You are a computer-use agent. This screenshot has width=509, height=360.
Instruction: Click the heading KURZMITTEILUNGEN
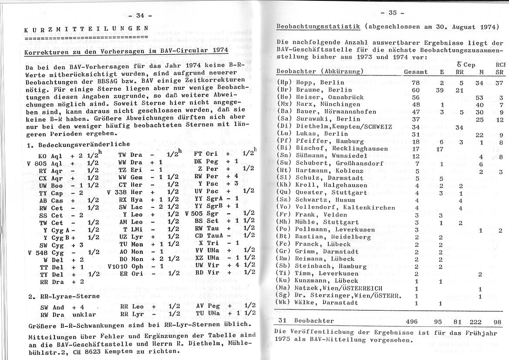(86, 29)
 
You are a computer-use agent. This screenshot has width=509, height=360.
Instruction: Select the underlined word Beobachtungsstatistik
(318, 27)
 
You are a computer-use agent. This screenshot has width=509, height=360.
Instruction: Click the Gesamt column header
(415, 71)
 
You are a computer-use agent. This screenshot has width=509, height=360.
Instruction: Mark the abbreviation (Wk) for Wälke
(283, 302)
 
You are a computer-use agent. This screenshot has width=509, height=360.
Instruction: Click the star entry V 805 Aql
(45, 163)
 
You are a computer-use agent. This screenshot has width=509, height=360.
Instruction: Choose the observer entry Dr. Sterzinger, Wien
(341, 295)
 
